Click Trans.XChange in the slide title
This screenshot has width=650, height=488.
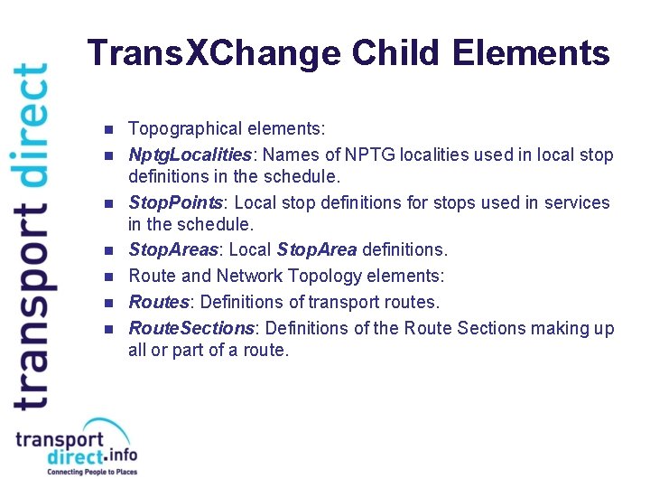coord(215,54)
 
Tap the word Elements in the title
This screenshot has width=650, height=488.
coord(531,54)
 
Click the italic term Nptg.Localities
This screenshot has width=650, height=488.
coord(188,155)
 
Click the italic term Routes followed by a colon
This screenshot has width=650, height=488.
coord(157,301)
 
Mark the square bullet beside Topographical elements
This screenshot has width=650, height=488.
coord(108,130)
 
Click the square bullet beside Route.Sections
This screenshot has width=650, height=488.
coord(108,328)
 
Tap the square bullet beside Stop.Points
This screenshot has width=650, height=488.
coord(108,203)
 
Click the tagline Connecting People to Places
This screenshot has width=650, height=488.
coord(91,473)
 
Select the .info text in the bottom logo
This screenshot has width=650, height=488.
coord(119,455)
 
